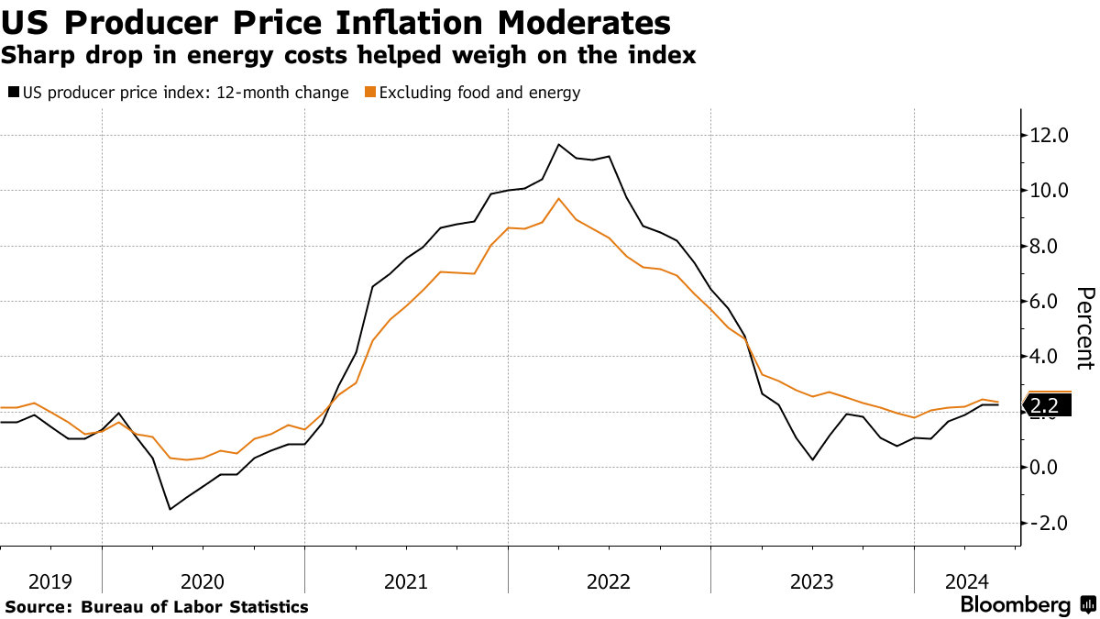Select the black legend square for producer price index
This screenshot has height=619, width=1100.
(x=13, y=93)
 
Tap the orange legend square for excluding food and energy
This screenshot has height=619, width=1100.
(x=369, y=93)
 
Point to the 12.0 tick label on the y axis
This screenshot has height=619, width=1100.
(x=1049, y=136)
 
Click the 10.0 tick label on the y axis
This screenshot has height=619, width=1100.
(x=1049, y=191)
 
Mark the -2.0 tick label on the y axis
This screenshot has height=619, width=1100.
(x=1049, y=523)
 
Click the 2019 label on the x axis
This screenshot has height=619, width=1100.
(x=50, y=581)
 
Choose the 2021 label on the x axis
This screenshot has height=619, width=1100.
(x=406, y=581)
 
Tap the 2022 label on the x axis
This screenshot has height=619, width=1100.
(x=609, y=581)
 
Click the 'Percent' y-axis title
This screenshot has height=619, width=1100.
(x=1085, y=327)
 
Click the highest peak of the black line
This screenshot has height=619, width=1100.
(x=559, y=144)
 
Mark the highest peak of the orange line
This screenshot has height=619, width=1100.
(x=559, y=198)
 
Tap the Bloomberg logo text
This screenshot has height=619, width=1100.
(x=1016, y=605)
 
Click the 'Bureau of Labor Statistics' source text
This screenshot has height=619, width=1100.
(x=194, y=607)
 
